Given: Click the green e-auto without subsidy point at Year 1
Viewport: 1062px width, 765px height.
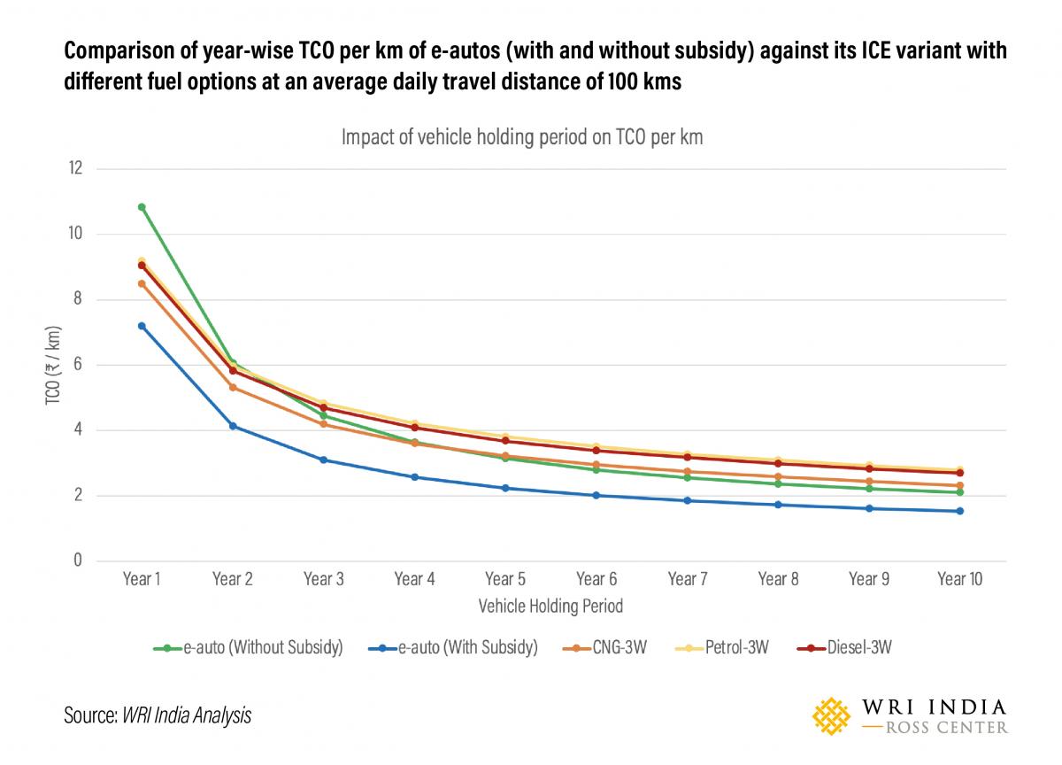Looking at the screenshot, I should click(x=142, y=207).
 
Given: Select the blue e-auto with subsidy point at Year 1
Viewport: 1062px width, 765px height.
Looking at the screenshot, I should click(x=142, y=326).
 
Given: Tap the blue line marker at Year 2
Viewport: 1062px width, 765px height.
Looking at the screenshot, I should click(x=233, y=426).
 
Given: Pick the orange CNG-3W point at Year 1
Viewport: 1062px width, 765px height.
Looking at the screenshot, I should click(x=142, y=283).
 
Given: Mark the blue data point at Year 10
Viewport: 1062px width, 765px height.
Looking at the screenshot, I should click(x=959, y=511).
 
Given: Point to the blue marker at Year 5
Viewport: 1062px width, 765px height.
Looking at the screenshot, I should click(x=505, y=488).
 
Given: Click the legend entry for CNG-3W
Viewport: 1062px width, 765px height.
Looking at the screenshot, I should click(x=604, y=647).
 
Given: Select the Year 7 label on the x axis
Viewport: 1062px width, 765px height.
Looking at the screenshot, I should click(x=687, y=579).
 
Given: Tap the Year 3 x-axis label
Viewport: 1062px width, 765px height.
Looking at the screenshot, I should click(x=324, y=579).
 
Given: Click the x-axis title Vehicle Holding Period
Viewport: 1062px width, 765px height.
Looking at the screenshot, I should click(x=550, y=607).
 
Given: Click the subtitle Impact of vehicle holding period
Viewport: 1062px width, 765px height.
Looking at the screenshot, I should click(x=522, y=138).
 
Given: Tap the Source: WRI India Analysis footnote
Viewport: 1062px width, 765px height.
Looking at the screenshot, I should click(x=158, y=715).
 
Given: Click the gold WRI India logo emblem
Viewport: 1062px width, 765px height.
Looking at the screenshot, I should click(x=832, y=715).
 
